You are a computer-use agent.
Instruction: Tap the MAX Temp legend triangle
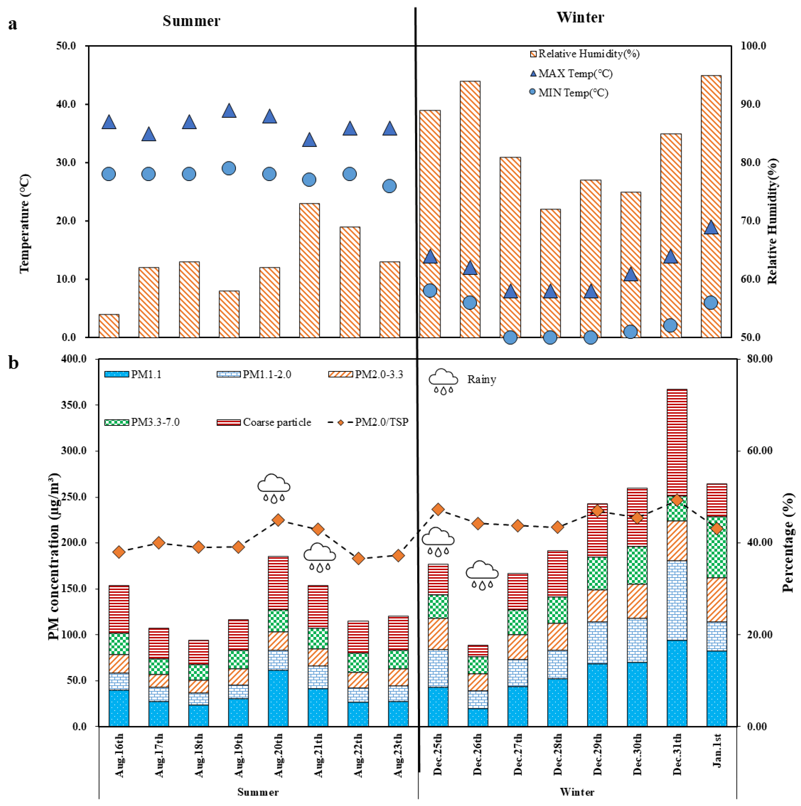click(x=533, y=73)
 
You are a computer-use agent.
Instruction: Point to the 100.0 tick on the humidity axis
click(x=753, y=46)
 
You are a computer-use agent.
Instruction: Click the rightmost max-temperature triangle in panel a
click(x=711, y=228)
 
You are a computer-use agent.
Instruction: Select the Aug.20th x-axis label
click(x=278, y=755)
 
